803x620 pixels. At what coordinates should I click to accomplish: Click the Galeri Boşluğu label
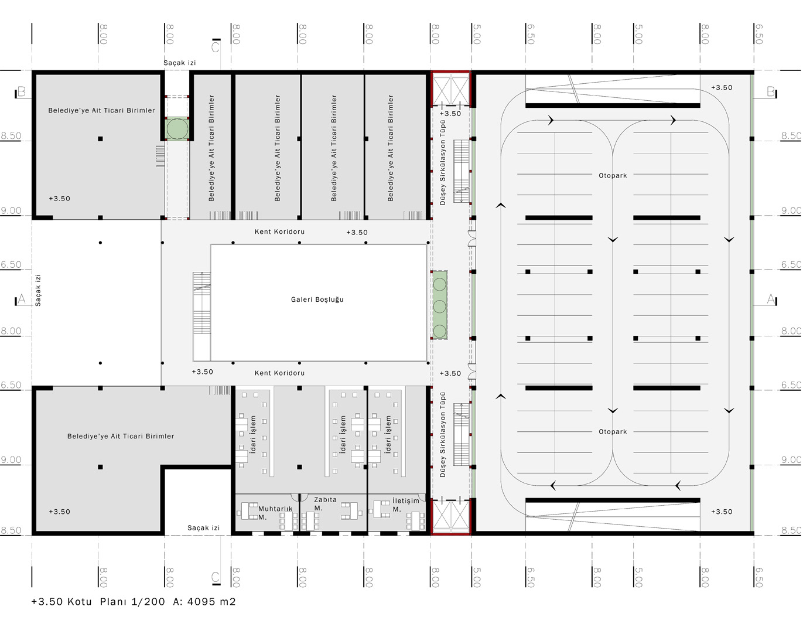click(x=317, y=299)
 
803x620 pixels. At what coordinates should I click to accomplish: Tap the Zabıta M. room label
click(x=325, y=504)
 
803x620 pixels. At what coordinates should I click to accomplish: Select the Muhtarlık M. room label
click(x=275, y=513)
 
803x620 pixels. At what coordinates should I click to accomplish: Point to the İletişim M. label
click(x=405, y=505)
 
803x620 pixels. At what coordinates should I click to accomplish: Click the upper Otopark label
click(x=613, y=176)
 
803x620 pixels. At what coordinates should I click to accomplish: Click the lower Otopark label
click(x=613, y=432)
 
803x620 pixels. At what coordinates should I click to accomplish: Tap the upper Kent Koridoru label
click(x=279, y=232)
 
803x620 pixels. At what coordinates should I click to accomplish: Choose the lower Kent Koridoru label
click(x=279, y=373)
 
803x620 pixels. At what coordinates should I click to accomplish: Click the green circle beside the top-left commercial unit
click(x=177, y=129)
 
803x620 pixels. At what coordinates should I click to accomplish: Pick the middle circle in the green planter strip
click(x=439, y=306)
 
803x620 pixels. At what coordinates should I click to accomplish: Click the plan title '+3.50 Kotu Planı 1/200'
click(x=98, y=601)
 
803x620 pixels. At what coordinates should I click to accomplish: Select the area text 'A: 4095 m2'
click(x=204, y=601)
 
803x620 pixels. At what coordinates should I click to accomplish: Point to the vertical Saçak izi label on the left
click(x=37, y=290)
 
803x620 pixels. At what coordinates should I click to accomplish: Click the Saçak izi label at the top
click(x=180, y=63)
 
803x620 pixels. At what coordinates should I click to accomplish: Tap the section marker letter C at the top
click(x=216, y=47)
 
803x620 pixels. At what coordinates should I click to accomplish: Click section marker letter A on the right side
click(x=770, y=299)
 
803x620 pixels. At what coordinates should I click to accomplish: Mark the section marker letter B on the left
click(x=22, y=91)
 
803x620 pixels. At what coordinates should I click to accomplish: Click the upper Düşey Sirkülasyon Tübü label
click(x=443, y=163)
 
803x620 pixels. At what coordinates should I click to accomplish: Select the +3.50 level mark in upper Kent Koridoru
click(x=357, y=233)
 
